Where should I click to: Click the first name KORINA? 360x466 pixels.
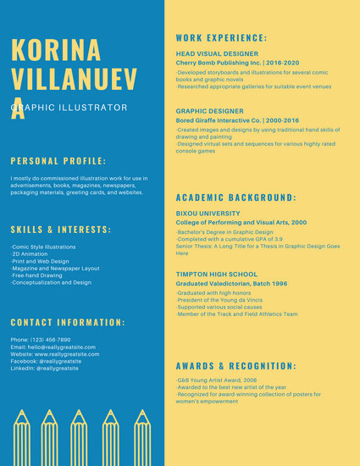[57, 49]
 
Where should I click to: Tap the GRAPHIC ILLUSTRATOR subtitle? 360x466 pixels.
[69, 108]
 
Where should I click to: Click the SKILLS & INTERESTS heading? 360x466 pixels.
[61, 230]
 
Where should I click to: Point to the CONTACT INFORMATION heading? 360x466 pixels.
[68, 322]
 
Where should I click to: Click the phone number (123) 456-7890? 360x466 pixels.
[41, 339]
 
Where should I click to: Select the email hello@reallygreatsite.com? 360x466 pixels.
[54, 347]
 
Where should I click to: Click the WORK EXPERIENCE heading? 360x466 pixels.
[221, 38]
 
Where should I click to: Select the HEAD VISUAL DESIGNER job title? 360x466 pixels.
[217, 53]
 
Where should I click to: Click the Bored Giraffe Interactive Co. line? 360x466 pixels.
[231, 120]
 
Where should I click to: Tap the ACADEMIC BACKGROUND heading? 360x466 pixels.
[235, 197]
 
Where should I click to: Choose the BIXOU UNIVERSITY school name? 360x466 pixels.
[208, 213]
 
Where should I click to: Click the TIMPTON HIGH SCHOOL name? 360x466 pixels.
[216, 275]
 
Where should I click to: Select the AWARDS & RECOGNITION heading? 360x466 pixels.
[235, 366]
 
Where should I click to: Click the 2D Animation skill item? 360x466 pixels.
[30, 253]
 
